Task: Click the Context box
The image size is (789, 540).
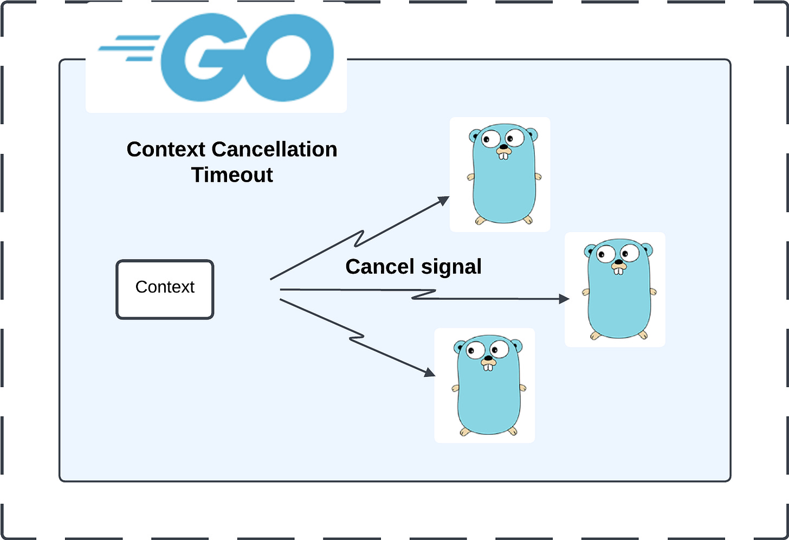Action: [165, 290]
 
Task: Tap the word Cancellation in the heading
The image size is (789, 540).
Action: [274, 150]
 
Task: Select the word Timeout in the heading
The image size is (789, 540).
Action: [232, 175]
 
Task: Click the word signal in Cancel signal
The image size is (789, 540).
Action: [451, 267]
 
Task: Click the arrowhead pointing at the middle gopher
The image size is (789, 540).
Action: [564, 299]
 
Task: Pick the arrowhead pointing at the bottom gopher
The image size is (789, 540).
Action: [430, 372]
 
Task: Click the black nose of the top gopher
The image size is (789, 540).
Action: [503, 146]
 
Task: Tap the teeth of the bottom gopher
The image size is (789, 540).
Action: [488, 367]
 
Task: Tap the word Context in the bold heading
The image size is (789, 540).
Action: [166, 150]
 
